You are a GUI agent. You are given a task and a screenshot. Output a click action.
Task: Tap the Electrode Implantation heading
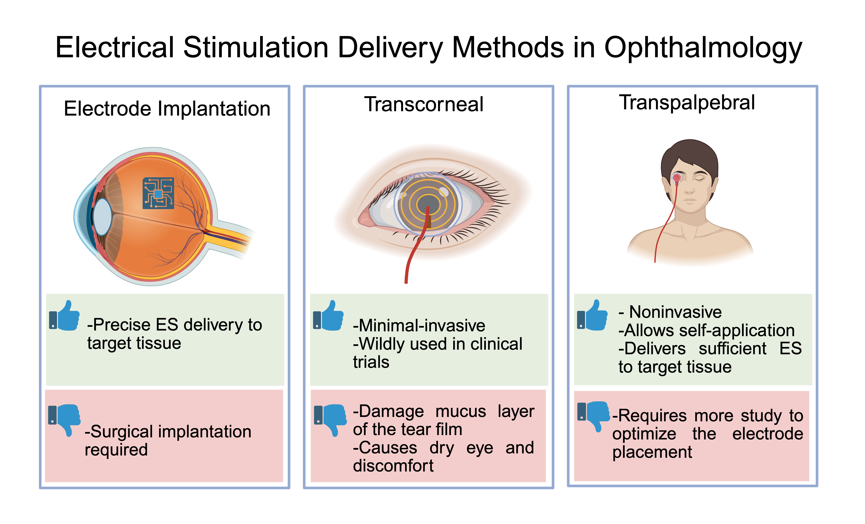[167, 108]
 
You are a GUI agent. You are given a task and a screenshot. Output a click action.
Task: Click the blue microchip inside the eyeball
[158, 193]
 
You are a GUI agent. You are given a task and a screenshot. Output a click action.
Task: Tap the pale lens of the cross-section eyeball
[102, 217]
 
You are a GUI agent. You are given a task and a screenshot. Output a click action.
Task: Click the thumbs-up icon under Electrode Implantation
[64, 316]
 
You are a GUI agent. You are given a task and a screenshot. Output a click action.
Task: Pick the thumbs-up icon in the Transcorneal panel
[328, 316]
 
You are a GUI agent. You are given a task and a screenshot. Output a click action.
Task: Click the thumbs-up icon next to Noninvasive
[592, 315]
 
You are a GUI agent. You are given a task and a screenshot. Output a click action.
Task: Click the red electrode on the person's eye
[677, 178]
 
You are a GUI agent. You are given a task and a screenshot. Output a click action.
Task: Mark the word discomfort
[393, 466]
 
